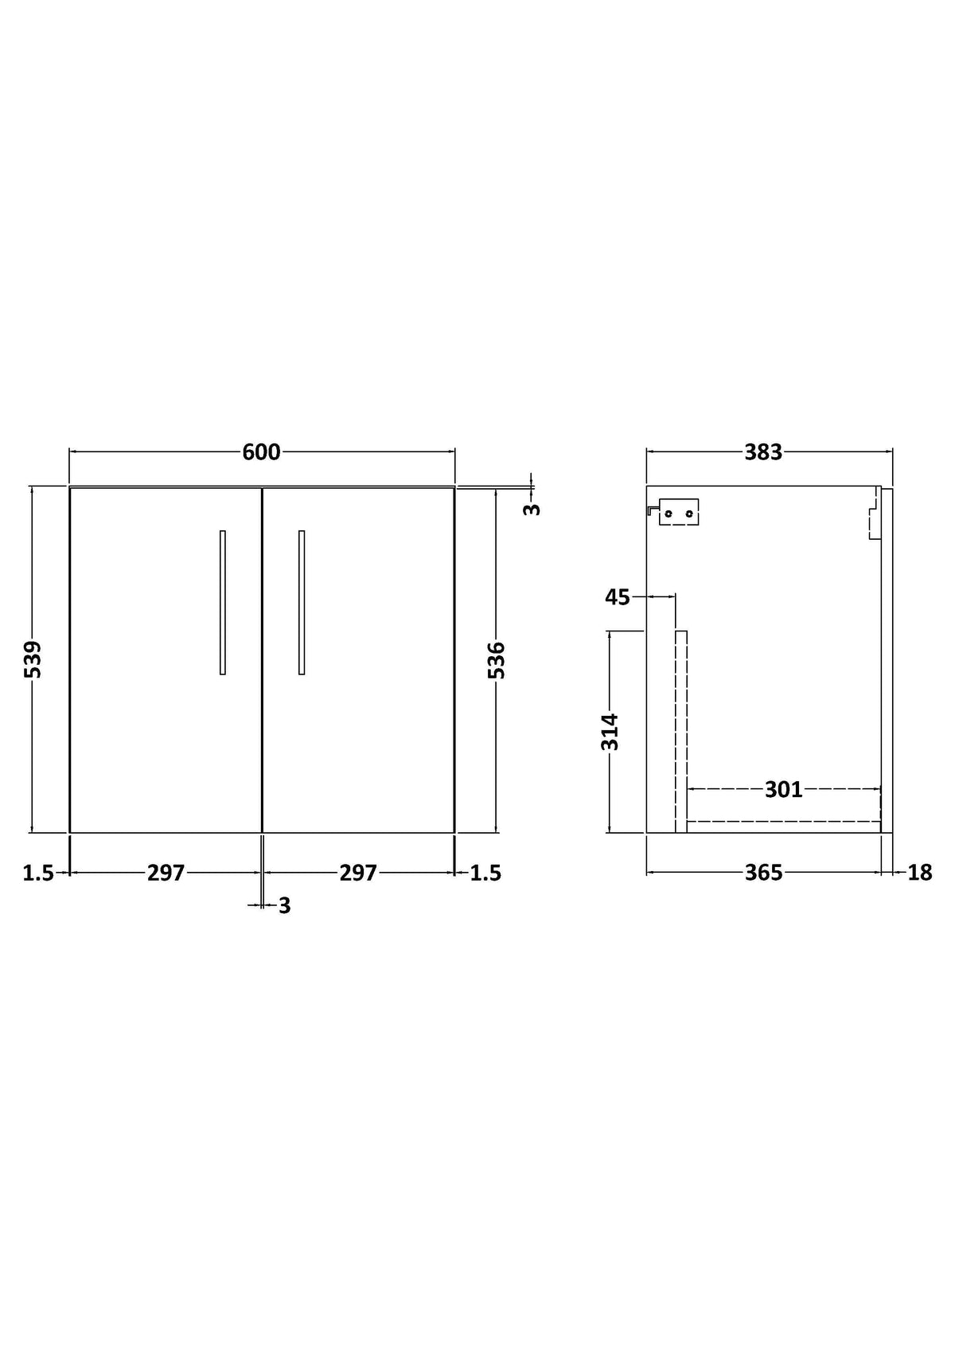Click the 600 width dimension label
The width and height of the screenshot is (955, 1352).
click(x=261, y=452)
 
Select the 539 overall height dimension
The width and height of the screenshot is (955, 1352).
click(x=33, y=659)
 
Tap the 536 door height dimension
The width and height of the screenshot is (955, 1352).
click(x=497, y=660)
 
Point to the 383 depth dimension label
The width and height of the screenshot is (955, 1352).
click(x=763, y=452)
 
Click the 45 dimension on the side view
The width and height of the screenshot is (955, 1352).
click(x=617, y=597)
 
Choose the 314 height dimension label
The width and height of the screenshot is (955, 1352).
click(x=610, y=732)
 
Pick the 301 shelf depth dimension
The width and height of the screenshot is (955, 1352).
click(x=784, y=790)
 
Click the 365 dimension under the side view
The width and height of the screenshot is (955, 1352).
click(x=763, y=873)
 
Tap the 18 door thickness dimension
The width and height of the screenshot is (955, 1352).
click(x=920, y=873)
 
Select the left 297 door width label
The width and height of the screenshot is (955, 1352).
click(x=166, y=873)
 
